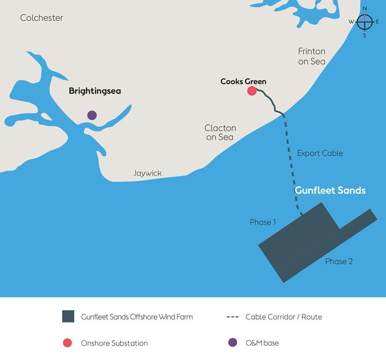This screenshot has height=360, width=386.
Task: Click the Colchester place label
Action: pyautogui.click(x=41, y=18)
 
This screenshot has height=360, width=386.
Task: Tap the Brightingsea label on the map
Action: pyautogui.click(x=95, y=91)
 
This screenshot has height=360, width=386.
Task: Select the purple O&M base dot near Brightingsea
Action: pyautogui.click(x=92, y=115)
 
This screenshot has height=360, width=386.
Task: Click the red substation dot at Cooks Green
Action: pyautogui.click(x=251, y=91)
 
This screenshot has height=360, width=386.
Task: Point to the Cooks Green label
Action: pyautogui.click(x=243, y=82)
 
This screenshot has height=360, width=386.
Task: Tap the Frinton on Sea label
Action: pyautogui.click(x=311, y=56)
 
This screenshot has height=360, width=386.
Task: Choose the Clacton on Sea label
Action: pyautogui.click(x=220, y=133)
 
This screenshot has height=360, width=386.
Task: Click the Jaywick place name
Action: pyautogui.click(x=147, y=173)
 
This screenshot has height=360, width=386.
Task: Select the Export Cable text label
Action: pyautogui.click(x=320, y=153)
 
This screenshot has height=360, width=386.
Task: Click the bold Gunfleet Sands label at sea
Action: pyautogui.click(x=330, y=190)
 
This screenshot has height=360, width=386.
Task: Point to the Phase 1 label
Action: pyautogui.click(x=263, y=222)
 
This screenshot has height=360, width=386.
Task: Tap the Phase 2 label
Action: pyautogui.click(x=339, y=261)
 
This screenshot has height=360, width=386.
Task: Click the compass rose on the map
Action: pyautogui.click(x=365, y=22)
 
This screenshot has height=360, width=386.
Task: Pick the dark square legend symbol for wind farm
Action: pyautogui.click(x=68, y=317)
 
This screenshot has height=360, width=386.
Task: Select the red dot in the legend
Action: pyautogui.click(x=68, y=343)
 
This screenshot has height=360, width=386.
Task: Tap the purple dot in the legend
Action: pyautogui.click(x=232, y=343)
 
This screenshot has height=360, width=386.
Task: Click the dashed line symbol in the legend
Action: pyautogui.click(x=232, y=317)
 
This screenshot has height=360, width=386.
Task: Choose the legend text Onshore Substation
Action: pyautogui.click(x=114, y=343)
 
